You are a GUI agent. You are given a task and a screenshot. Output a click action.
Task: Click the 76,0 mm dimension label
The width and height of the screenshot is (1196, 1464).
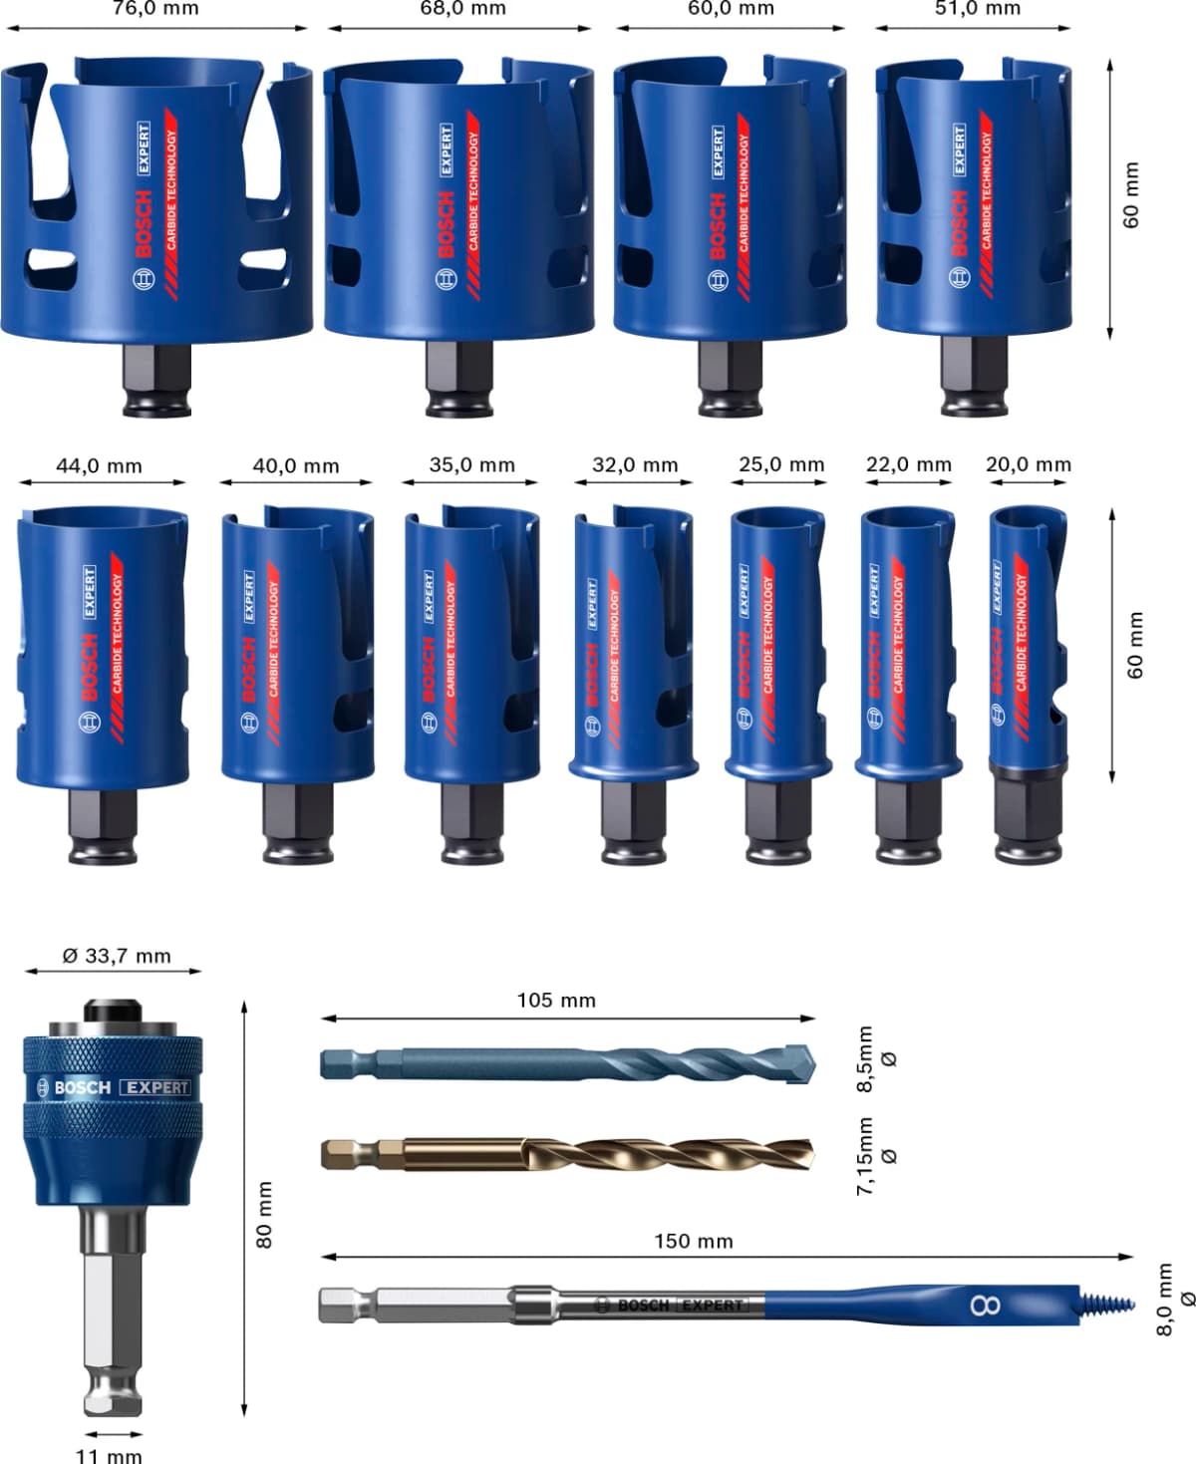pos(154,9)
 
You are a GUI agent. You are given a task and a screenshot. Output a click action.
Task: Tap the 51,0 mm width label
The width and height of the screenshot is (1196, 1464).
pos(978,9)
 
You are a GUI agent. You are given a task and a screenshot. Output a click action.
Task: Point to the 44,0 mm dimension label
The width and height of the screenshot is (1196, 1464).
pos(99,465)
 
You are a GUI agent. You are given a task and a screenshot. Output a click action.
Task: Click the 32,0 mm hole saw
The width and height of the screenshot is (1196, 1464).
pos(632,648)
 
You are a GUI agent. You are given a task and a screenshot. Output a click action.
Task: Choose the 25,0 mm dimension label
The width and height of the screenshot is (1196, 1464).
pos(781,464)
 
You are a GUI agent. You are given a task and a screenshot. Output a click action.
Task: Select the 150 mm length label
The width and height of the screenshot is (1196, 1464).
pos(693,1242)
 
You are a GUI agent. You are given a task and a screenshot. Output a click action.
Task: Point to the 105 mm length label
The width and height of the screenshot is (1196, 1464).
pos(556,1000)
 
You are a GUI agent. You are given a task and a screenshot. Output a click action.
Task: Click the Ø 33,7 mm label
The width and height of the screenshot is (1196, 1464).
pos(117,956)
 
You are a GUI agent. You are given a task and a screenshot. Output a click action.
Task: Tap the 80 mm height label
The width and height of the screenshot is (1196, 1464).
pos(264,1214)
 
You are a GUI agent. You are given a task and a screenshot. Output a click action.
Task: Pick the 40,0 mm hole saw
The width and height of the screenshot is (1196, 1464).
pos(297,648)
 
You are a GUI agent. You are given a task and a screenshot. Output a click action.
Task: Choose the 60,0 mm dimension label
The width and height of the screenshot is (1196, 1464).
pos(731,9)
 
